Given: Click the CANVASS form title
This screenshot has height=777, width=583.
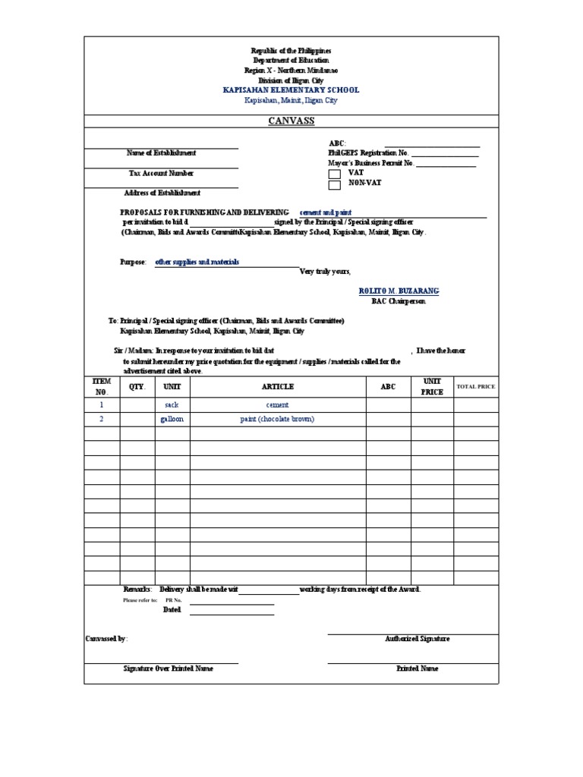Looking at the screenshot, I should pos(291,121).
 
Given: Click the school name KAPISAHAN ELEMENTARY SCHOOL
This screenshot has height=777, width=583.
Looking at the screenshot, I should pos(291,90).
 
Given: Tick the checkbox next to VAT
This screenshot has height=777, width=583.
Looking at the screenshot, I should pos(334,174).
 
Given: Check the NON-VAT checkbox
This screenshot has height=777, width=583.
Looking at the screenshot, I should pos(334,184).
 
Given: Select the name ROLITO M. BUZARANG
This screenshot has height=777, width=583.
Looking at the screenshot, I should pos(399,291).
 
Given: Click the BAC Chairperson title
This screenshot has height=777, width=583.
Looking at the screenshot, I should pos(399,301).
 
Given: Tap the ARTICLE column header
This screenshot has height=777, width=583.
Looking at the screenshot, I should pos(277,386).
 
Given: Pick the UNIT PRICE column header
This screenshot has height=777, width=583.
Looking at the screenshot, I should pos(432,386).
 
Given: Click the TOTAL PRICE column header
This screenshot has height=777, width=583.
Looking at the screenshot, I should pos(475,386).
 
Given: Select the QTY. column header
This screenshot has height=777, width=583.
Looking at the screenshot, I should pos(137,386).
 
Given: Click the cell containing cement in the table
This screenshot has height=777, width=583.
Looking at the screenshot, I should pos(277,405).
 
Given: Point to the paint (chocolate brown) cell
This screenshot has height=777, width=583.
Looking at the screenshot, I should pos(277,419).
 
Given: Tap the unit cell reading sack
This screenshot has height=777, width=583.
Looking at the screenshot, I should pos(172,405).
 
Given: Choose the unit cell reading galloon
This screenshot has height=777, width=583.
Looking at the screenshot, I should pos(172,419).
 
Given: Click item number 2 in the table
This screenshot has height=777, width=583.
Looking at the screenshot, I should pos(102,419).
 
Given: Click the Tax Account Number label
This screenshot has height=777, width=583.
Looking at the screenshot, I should pos(160,173).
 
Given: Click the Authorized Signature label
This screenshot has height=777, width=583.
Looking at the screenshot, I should pos(417,639).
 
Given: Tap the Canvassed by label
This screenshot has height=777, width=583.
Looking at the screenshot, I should pos(106,639).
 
